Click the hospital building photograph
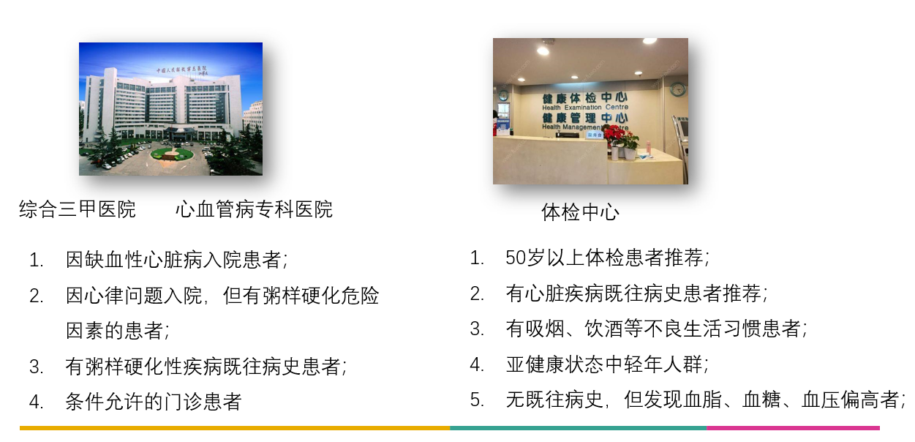point(170,108)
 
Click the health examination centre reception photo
point(590,110)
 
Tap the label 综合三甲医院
point(78,209)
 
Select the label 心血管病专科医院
point(254,209)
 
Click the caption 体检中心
point(580,212)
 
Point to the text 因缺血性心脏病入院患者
point(176,260)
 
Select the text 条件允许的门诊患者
point(153,402)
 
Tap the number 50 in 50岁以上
point(516,258)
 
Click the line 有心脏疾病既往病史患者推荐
point(636,293)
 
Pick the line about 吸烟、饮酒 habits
point(656,329)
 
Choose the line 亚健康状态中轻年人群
point(607,364)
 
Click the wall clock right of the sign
point(678,89)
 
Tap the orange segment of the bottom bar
point(234,428)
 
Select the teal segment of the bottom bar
point(578,428)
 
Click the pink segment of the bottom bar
point(793,428)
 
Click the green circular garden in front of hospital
point(173,154)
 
